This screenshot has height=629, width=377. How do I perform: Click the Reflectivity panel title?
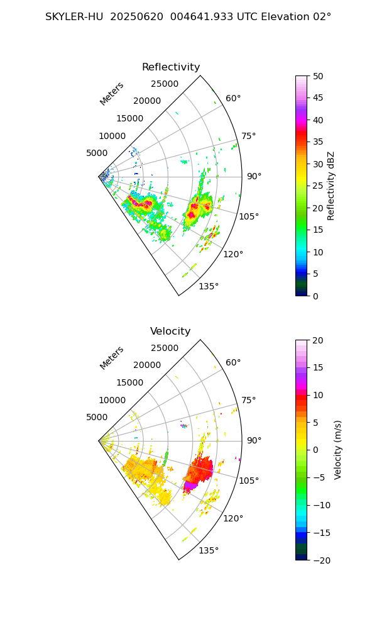171,67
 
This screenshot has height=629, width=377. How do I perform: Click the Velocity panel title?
170,331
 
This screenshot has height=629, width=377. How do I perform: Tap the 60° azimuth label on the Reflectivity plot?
233,98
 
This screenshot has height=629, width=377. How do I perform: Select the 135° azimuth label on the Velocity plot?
209,550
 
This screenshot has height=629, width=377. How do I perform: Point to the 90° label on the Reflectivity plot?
254,176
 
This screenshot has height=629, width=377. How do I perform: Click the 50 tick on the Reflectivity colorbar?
319,76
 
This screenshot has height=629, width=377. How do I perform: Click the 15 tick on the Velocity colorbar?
319,367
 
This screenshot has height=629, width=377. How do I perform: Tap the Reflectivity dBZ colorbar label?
331,186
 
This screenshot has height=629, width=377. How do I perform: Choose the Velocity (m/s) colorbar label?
338,450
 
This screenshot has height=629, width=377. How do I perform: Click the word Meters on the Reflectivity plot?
112,94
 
